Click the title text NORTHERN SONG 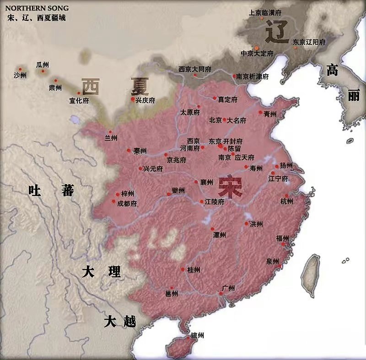pyautogui.click(x=37, y=8)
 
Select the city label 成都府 pyautogui.click(x=127, y=204)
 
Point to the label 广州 pyautogui.click(x=228, y=288)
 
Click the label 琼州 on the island pyautogui.click(x=197, y=336)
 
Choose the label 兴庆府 pyautogui.click(x=145, y=100)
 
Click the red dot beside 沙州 pyautogui.click(x=20, y=69)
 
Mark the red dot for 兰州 pyautogui.click(x=108, y=130)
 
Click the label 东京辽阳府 pyautogui.click(x=309, y=42)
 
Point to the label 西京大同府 pyautogui.click(x=195, y=69)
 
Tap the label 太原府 pyautogui.click(x=190, y=112)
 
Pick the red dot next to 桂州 pyautogui.click(x=183, y=269)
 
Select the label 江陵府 pyautogui.click(x=215, y=202)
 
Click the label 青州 pyautogui.click(x=270, y=114)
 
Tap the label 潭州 pyautogui.click(x=220, y=235)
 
